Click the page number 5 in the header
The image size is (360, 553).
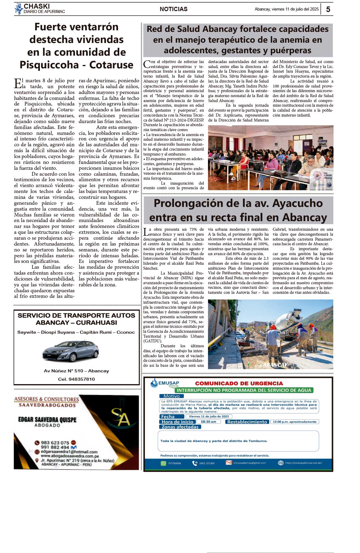point(328,9)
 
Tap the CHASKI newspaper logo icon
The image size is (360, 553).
point(19,9)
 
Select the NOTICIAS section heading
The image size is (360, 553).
point(173,9)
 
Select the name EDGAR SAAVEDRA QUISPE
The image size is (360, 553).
point(47,420)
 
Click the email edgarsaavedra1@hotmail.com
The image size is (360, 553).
point(69,452)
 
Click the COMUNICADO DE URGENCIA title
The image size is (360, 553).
point(239,384)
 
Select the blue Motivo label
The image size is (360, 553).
point(172,396)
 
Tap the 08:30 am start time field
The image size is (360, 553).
point(209,422)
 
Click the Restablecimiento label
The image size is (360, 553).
point(247,422)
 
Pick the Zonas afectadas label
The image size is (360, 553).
point(180,427)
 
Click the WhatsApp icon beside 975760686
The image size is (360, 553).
point(163,463)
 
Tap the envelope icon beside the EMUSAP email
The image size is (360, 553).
point(229,463)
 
